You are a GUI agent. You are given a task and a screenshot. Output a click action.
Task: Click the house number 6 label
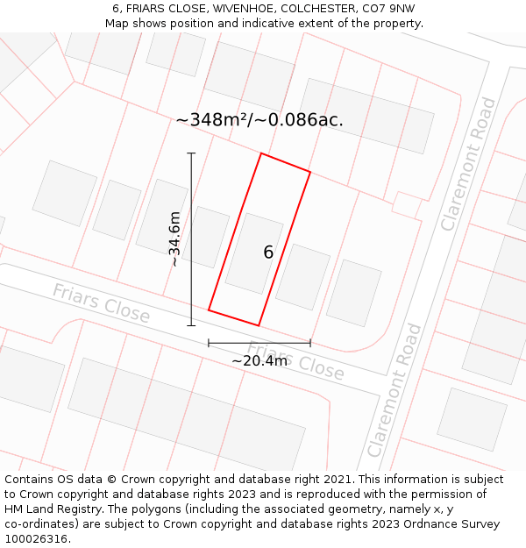point(268,253)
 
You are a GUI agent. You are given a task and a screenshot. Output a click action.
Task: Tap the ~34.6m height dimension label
point(174,238)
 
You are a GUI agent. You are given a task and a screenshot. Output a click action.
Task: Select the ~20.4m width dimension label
point(259,360)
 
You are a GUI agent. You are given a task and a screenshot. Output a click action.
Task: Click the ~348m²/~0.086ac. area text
point(259,120)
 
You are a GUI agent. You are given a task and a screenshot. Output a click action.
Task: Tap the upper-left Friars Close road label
point(101,302)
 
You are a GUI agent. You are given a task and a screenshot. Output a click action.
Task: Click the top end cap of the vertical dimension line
point(191,153)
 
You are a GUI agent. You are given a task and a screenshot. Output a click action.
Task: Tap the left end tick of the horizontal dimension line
point(209,343)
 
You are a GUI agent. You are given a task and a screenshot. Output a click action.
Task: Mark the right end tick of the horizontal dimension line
point(310,343)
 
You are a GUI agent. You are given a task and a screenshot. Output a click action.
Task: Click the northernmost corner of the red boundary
point(261,153)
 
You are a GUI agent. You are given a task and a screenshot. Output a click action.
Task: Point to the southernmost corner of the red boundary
point(259,325)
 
